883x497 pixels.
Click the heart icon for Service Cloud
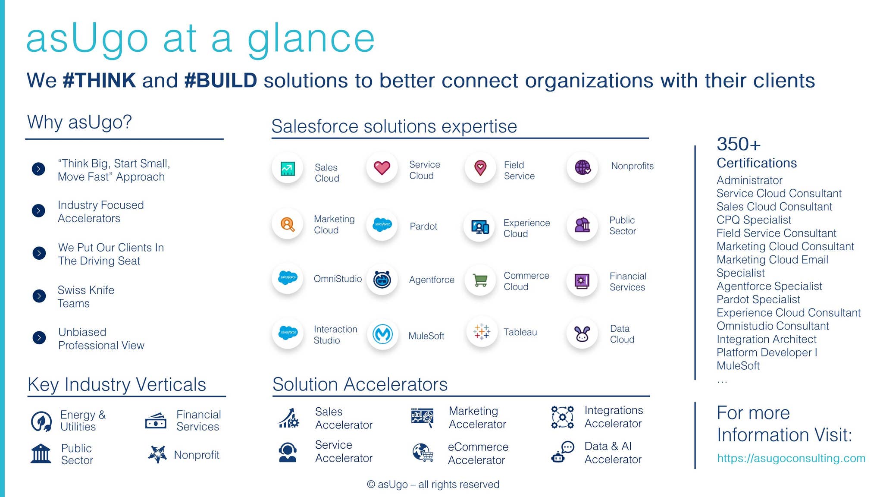[x=382, y=167]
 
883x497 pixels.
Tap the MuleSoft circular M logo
[x=382, y=334]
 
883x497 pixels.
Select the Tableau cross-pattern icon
[x=481, y=332]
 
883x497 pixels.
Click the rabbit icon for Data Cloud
[x=582, y=333]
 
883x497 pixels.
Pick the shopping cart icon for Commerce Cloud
[x=480, y=280]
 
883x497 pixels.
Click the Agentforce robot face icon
[x=382, y=280]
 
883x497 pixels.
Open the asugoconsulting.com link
[x=791, y=458]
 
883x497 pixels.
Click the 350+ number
[x=739, y=144]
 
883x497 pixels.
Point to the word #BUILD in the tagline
[x=220, y=81]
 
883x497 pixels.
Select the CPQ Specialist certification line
[x=754, y=220]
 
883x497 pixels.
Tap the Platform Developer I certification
[x=767, y=352]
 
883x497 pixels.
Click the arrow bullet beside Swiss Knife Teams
[x=39, y=296]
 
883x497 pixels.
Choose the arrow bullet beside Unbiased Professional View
[x=39, y=337]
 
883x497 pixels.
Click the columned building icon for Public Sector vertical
[x=41, y=454]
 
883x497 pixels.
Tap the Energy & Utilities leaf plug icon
[x=41, y=421]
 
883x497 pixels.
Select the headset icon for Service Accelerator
[x=288, y=452]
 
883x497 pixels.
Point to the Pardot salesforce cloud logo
[x=382, y=224]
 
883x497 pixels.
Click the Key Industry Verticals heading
[x=117, y=384]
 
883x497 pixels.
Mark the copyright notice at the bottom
[x=433, y=484]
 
